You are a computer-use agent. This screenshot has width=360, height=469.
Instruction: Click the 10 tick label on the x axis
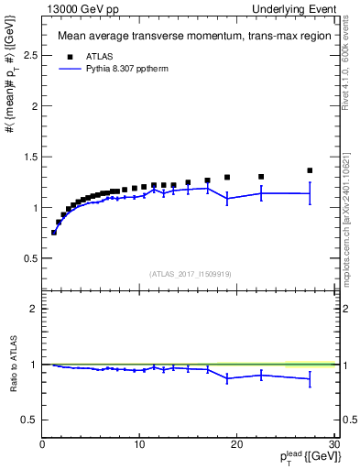point(139,444)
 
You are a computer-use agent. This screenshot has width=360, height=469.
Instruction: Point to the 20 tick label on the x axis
point(236,444)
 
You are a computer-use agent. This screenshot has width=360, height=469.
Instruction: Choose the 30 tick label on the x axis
point(333,444)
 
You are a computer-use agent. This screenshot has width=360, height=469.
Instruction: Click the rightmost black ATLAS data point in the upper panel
point(310,170)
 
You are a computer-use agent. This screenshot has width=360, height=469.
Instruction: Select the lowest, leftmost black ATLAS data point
point(54,233)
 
